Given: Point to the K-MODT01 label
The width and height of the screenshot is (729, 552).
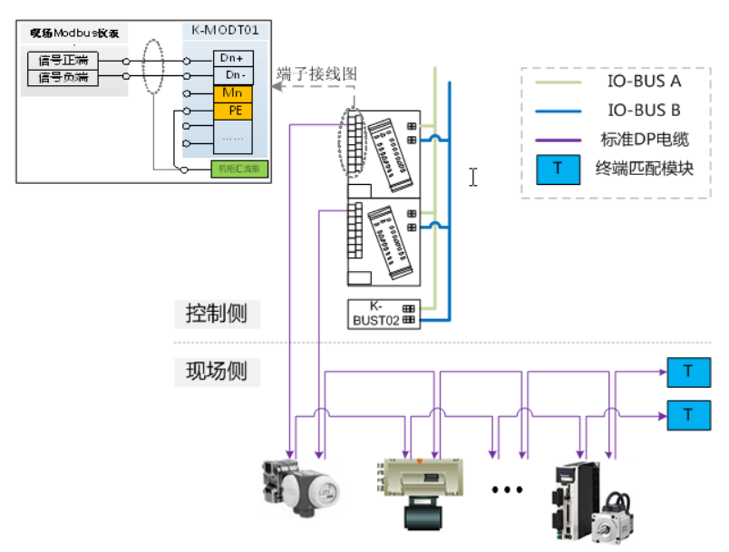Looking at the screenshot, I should pyautogui.click(x=225, y=31).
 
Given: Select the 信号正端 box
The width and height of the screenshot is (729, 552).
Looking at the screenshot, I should pyautogui.click(x=63, y=61).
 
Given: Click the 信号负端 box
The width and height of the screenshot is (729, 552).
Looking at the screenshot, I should pyautogui.click(x=63, y=78).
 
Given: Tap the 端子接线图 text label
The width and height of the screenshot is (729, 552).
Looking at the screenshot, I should pyautogui.click(x=316, y=73).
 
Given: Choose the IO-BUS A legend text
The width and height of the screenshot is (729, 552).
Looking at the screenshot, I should pyautogui.click(x=644, y=82).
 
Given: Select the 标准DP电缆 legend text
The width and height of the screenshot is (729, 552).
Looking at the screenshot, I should pyautogui.click(x=645, y=140).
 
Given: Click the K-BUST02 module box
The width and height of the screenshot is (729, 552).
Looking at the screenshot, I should pyautogui.click(x=384, y=314).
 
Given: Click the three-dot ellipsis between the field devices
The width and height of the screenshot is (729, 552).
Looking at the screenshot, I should pyautogui.click(x=507, y=489).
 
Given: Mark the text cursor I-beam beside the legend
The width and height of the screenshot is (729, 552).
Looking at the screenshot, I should pyautogui.click(x=472, y=177).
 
